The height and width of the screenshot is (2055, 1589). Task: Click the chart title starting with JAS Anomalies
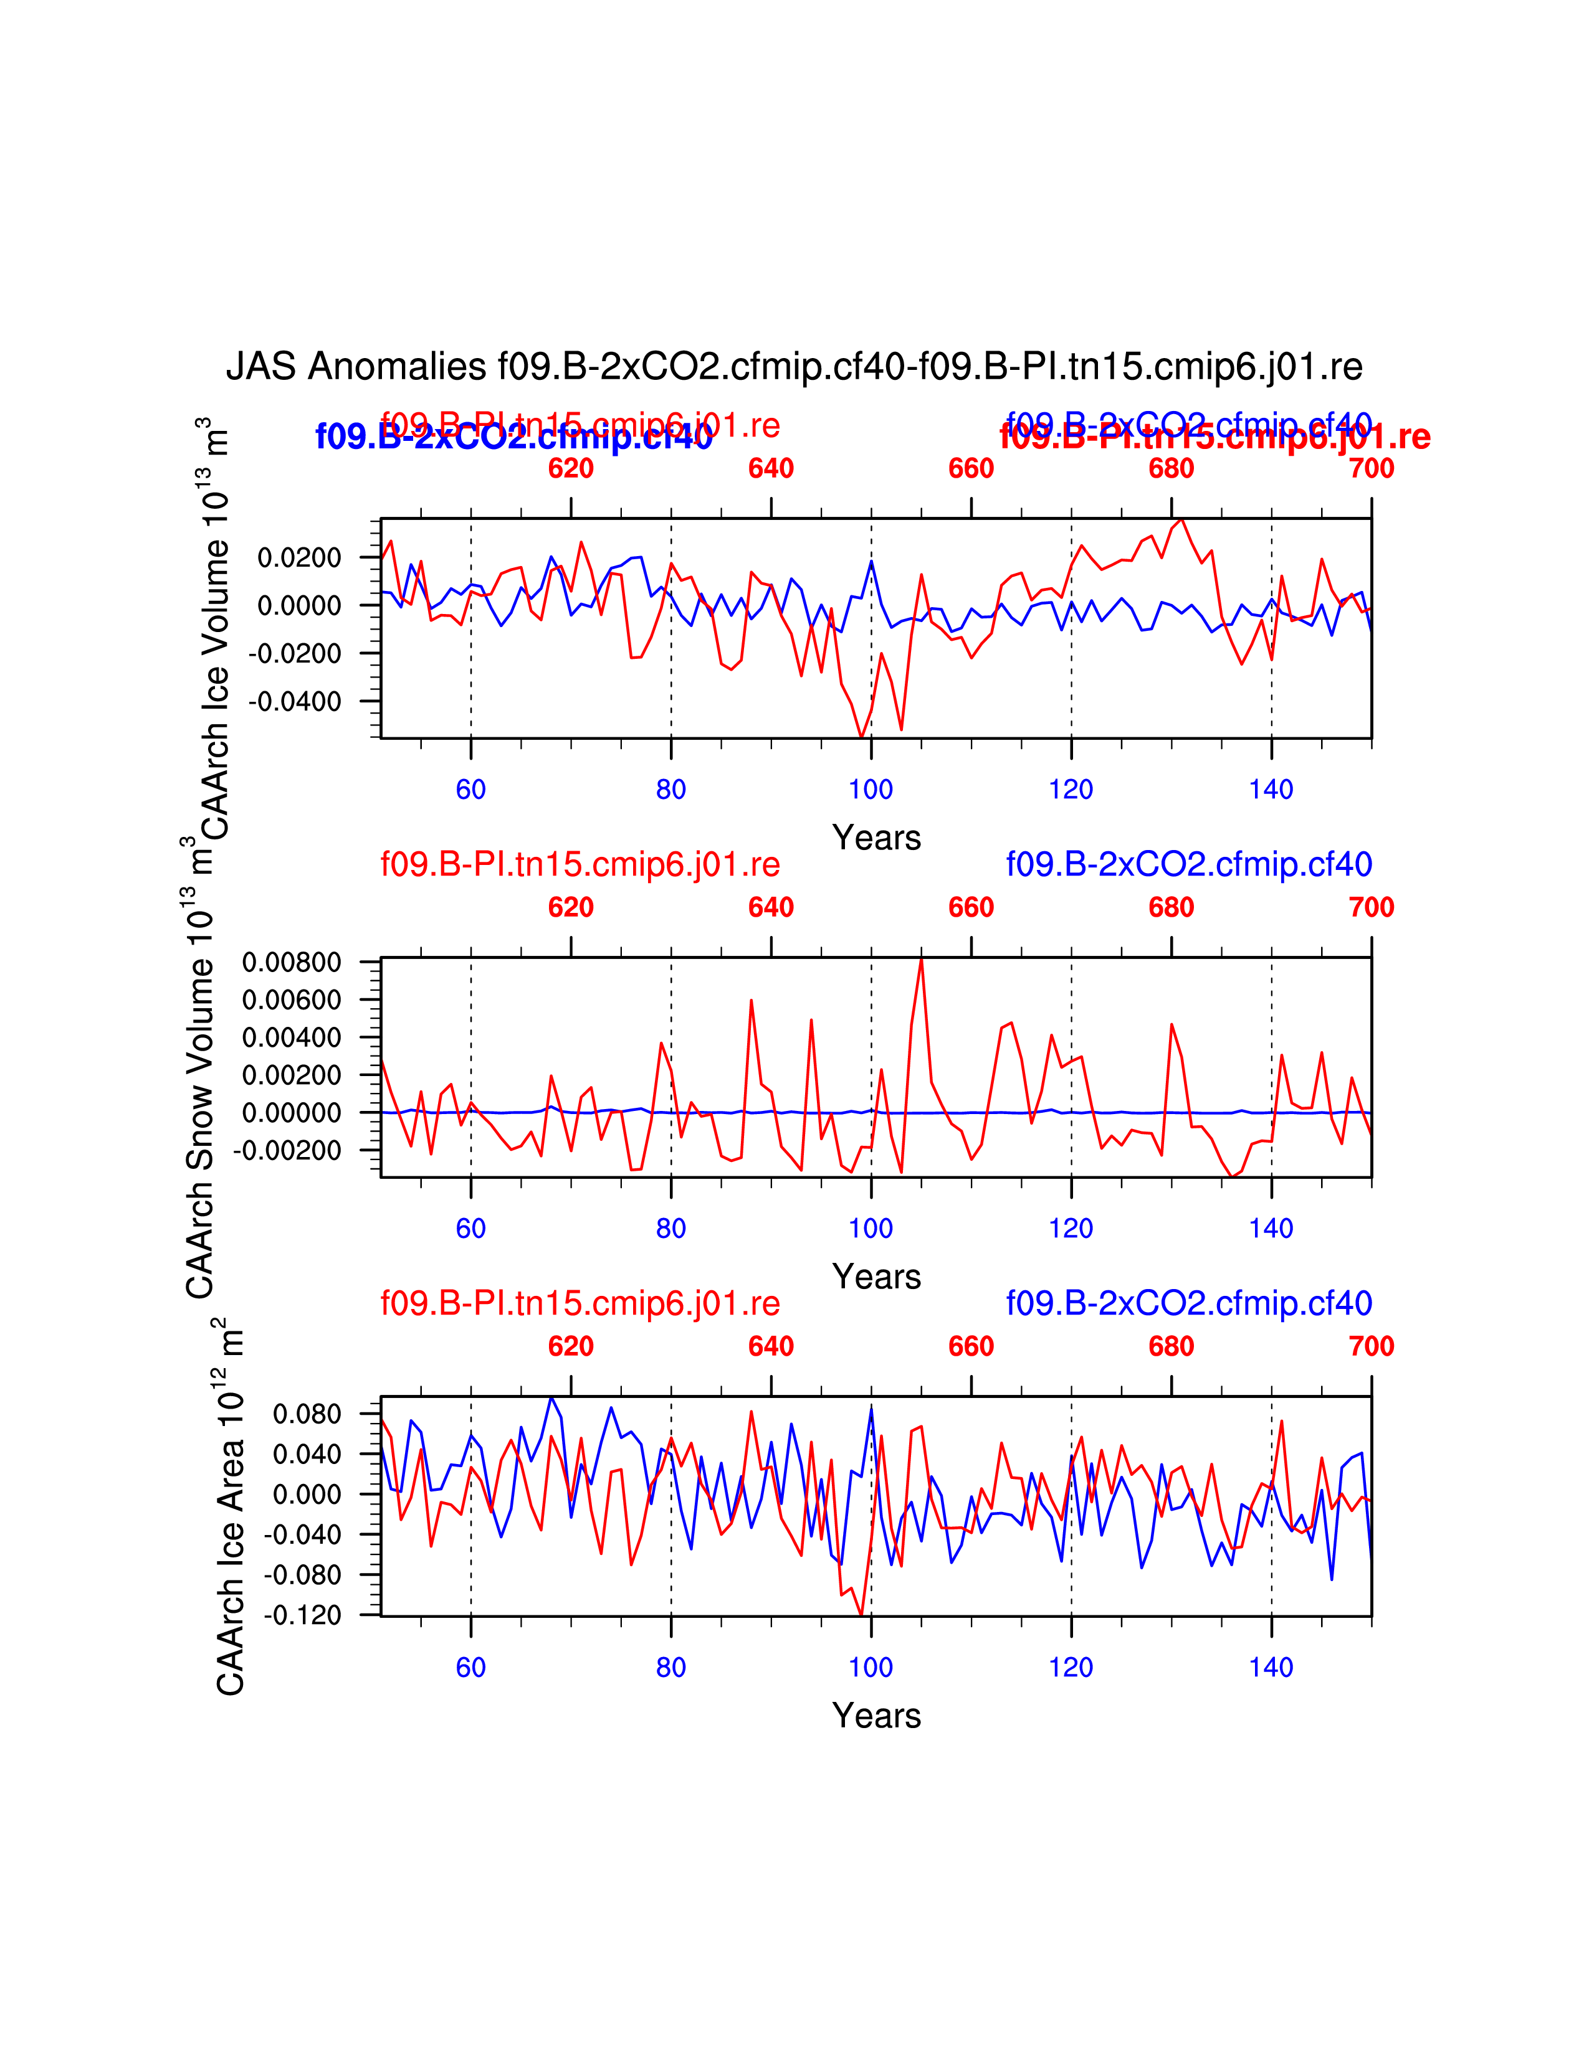click(x=793, y=367)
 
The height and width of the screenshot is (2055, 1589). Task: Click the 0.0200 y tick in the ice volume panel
click(x=298, y=558)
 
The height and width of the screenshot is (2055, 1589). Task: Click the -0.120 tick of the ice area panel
click(x=302, y=1615)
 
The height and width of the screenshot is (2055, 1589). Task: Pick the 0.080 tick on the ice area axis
click(x=307, y=1414)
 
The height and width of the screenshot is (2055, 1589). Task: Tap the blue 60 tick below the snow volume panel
click(x=470, y=1228)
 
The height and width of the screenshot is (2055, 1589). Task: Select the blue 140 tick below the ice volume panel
click(x=1271, y=790)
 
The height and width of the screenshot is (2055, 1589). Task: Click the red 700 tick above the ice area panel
click(x=1371, y=1346)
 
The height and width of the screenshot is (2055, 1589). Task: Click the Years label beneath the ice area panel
click(x=876, y=1716)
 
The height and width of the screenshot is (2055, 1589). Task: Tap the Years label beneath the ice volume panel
click(x=876, y=838)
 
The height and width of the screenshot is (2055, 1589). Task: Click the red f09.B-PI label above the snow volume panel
click(x=580, y=864)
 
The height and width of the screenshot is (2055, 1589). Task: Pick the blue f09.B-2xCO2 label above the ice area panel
click(x=1189, y=1303)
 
